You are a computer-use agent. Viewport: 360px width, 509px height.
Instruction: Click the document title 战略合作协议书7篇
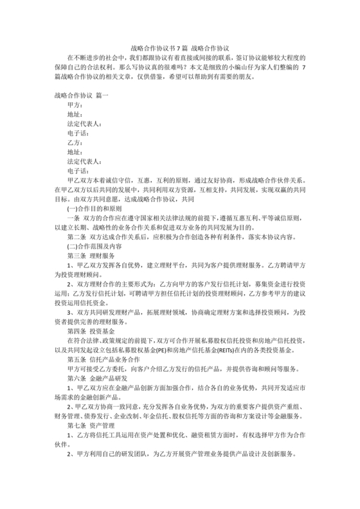(x=157, y=48)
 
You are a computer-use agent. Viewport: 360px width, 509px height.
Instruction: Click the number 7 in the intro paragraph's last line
(x=303, y=67)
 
